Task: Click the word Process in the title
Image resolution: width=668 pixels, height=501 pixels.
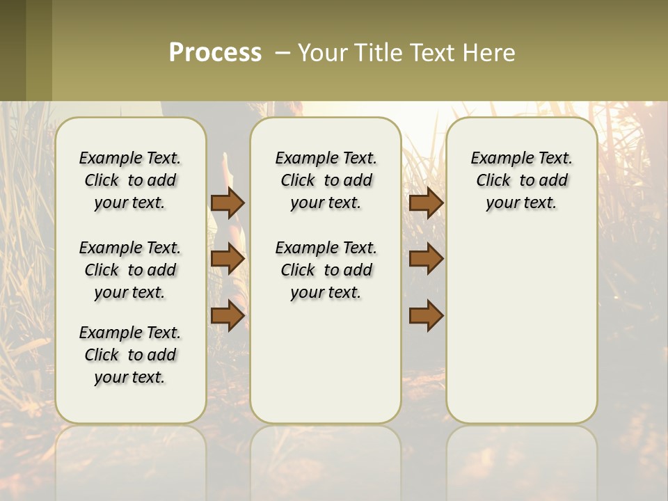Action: [x=215, y=53]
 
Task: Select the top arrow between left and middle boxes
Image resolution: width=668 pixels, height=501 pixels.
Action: [x=228, y=202]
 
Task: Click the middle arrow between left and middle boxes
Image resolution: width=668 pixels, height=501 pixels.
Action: [x=228, y=259]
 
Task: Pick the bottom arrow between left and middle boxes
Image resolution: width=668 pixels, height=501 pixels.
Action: [x=228, y=316]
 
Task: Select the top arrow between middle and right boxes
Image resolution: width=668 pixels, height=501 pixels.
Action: [x=426, y=202]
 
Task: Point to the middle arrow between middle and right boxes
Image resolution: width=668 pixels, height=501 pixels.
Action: [x=426, y=259]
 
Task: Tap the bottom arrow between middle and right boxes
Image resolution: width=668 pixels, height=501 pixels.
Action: [x=426, y=316]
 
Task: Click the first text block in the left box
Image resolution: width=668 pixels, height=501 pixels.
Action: [x=130, y=180]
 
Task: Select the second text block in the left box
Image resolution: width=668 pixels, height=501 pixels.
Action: [x=130, y=270]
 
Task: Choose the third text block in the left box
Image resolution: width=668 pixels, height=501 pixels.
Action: [x=130, y=355]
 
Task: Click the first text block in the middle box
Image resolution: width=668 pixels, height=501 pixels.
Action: [x=326, y=180]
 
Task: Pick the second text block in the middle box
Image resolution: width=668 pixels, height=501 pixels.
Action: [x=326, y=270]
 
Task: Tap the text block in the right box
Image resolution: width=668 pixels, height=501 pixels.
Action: [x=522, y=180]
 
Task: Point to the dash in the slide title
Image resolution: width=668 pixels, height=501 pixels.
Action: [x=283, y=53]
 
